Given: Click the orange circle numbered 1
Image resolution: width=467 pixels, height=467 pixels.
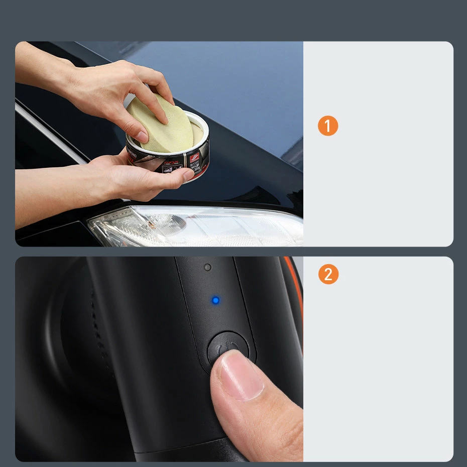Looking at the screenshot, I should [x=328, y=126].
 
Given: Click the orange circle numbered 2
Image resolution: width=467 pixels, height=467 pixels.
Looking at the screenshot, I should [x=328, y=275].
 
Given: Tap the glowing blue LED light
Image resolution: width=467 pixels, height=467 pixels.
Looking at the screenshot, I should [x=215, y=300].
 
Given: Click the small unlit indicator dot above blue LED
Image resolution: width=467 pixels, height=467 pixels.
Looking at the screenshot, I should [x=207, y=267].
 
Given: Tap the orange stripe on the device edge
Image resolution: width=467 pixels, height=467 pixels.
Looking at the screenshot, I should [x=296, y=291].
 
